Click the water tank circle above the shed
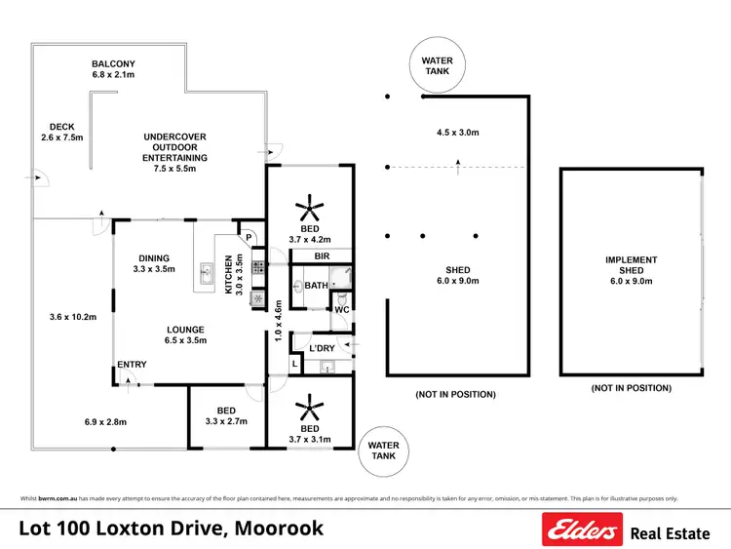pyautogui.click(x=437, y=66)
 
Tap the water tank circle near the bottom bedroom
pyautogui.click(x=384, y=451)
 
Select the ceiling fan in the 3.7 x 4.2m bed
pyautogui.click(x=310, y=208)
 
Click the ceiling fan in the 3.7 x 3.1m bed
pyautogui.click(x=310, y=406)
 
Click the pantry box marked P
pyautogui.click(x=249, y=237)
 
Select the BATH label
pyautogui.click(x=316, y=286)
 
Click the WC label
pyautogui.click(x=341, y=310)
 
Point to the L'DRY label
pyautogui.click(x=323, y=348)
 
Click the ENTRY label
pyautogui.click(x=132, y=365)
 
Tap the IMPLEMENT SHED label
pyautogui.click(x=631, y=266)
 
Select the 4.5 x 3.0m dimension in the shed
pyautogui.click(x=457, y=133)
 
